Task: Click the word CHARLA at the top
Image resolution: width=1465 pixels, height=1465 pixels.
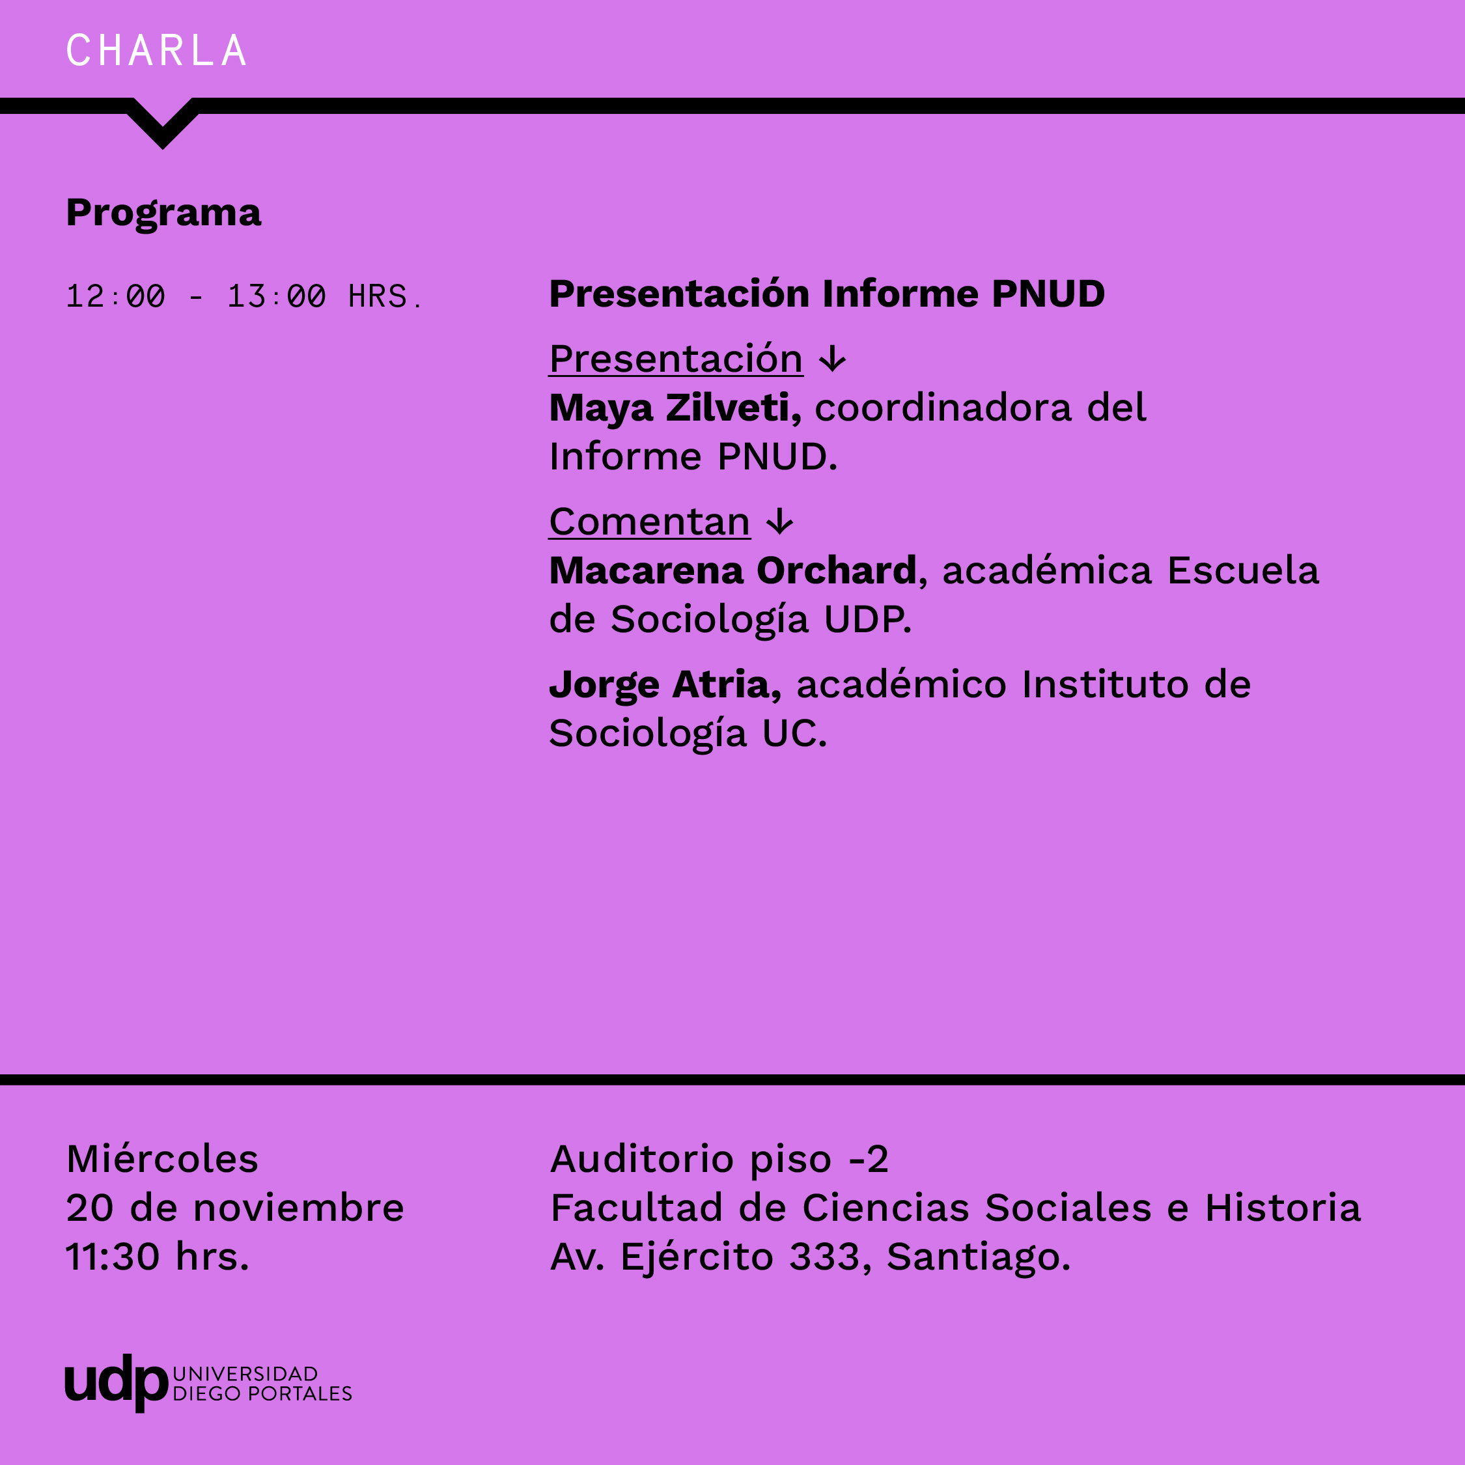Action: [156, 51]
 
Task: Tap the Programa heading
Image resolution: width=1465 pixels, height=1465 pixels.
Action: [164, 213]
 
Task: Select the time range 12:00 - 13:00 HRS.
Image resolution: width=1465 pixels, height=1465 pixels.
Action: [244, 296]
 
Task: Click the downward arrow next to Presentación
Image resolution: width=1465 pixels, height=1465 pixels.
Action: [833, 359]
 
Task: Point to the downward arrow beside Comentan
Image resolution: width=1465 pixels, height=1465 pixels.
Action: [779, 522]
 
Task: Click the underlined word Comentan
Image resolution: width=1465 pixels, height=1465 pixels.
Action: [650, 522]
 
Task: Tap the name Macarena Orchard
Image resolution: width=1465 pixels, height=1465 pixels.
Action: [733, 570]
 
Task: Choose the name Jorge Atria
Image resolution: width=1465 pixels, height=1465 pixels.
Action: [665, 685]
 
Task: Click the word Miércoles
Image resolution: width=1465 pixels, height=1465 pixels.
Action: [162, 1159]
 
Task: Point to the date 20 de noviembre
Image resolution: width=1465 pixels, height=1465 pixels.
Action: [235, 1207]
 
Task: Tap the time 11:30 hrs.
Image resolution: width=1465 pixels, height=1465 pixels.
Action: [158, 1257]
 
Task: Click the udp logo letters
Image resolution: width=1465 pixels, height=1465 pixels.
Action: [116, 1382]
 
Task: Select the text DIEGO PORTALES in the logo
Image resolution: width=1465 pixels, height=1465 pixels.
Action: [262, 1394]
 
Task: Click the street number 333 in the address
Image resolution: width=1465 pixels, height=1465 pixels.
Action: [825, 1257]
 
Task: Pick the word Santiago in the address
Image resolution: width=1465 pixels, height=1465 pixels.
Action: [978, 1258]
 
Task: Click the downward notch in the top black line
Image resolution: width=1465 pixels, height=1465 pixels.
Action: [162, 124]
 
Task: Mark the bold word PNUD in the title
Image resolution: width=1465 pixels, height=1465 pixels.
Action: [1048, 294]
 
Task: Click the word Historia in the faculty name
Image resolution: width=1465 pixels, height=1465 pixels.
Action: [1283, 1207]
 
